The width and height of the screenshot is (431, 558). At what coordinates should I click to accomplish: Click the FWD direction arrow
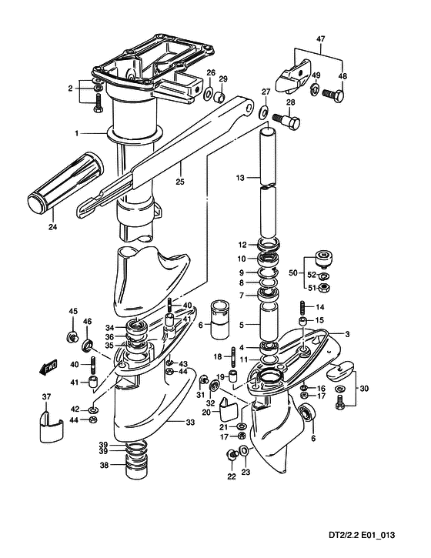click(48, 367)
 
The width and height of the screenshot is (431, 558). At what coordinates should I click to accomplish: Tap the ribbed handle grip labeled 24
click(65, 183)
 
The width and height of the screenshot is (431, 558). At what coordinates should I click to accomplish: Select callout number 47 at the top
click(320, 39)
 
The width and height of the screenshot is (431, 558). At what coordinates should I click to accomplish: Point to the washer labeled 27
click(264, 112)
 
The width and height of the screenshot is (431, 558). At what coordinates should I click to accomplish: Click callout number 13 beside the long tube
click(240, 178)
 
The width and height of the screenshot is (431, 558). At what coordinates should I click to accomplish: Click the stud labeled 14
click(303, 307)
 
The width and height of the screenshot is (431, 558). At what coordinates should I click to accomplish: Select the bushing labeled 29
click(220, 97)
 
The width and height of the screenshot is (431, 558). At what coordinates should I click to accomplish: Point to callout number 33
click(190, 423)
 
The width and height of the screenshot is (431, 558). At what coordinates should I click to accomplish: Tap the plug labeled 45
click(72, 336)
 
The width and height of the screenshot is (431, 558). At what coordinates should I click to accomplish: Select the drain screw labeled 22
click(232, 454)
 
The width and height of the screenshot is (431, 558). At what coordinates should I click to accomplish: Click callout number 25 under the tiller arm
click(180, 182)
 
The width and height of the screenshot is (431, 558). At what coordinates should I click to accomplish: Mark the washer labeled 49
click(315, 89)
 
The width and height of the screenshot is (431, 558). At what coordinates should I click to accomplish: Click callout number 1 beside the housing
click(76, 133)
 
